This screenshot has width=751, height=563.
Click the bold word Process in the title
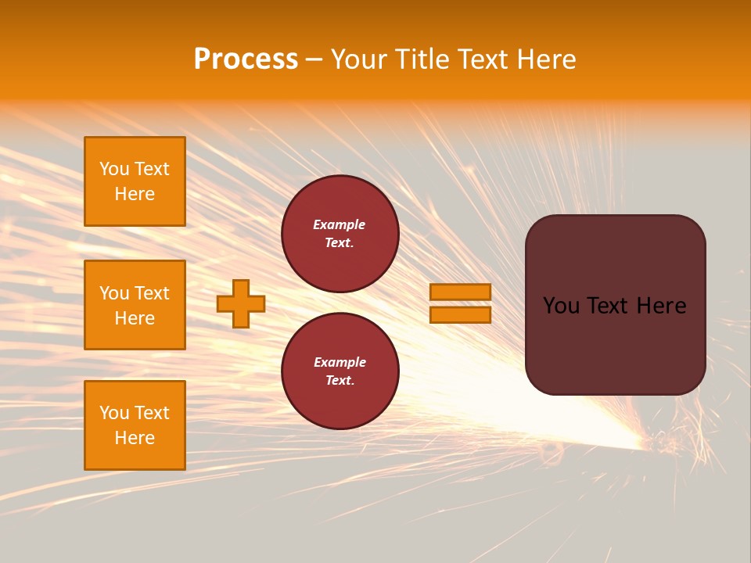(x=246, y=59)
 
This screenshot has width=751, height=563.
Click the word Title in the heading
(x=420, y=59)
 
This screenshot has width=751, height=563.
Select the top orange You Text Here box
(x=135, y=181)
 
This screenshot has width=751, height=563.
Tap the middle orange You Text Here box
(x=135, y=305)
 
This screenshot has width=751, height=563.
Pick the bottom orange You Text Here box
(x=135, y=425)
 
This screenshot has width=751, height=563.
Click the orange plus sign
(x=241, y=303)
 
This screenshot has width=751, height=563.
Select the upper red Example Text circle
(x=340, y=234)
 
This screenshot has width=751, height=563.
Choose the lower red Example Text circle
(x=340, y=371)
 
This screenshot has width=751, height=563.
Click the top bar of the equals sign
(x=460, y=292)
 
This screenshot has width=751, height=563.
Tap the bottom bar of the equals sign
(x=460, y=315)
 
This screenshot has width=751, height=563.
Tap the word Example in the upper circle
(x=340, y=225)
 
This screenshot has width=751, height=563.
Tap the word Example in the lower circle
(x=340, y=363)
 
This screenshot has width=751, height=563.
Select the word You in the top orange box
(x=114, y=169)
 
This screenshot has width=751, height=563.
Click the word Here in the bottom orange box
(x=135, y=438)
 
